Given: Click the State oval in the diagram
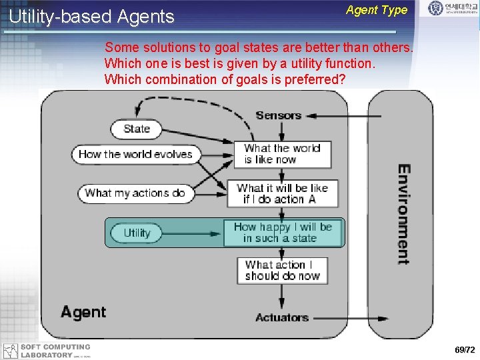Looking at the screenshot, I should pos(137,129).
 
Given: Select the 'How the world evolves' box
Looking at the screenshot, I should pos(135,154).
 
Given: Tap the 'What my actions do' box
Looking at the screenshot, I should pos(135,193).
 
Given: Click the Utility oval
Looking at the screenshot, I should pos(137,233).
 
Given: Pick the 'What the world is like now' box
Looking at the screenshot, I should pos(282,154).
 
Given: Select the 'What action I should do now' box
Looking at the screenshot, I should pos(282,270).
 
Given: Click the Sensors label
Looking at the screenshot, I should pos(278,115).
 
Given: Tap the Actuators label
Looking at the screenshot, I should pos(281,317).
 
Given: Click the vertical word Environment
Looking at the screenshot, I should pos(403,214).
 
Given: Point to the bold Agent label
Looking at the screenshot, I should pos(83,312).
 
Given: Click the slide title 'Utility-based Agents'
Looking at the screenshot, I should pos(91,17).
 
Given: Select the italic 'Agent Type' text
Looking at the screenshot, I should pos(377,10).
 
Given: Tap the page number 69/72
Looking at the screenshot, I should pos(465,350).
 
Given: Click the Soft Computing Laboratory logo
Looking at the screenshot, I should pos(47,351).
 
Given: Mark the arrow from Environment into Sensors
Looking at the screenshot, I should pos(340,115).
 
